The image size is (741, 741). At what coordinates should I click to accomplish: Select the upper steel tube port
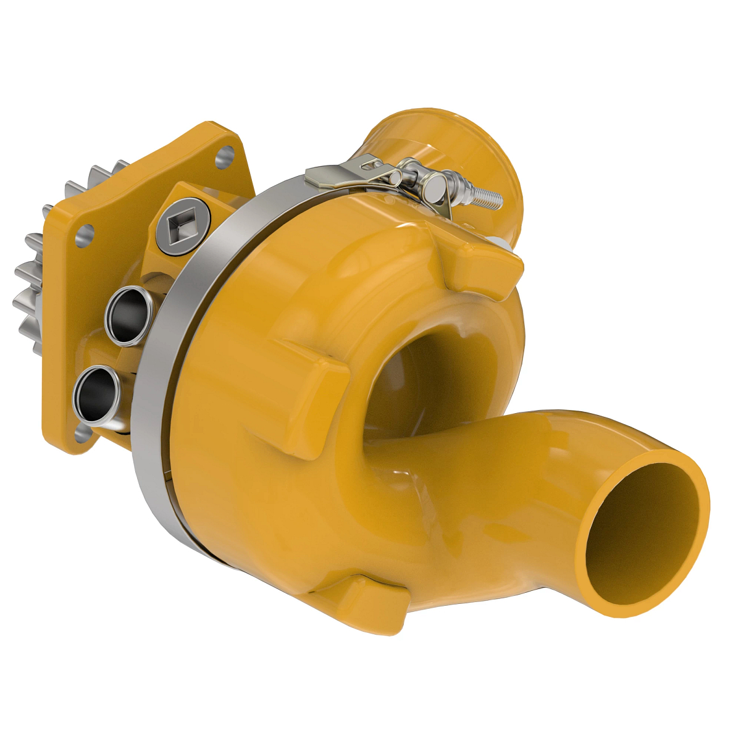128,314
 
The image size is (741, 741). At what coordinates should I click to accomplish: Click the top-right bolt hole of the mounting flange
227,154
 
